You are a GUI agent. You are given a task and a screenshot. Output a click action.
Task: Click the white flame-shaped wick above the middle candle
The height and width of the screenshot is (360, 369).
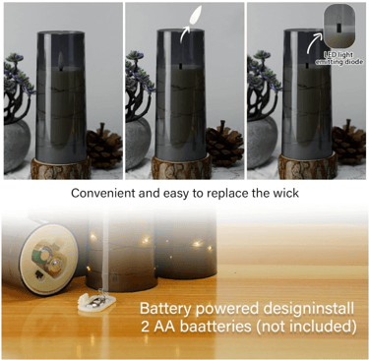click(192, 20)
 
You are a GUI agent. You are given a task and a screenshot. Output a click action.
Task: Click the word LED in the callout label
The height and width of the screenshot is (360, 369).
click(330, 54)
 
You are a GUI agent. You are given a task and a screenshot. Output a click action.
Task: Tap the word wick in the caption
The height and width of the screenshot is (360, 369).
click(283, 193)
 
